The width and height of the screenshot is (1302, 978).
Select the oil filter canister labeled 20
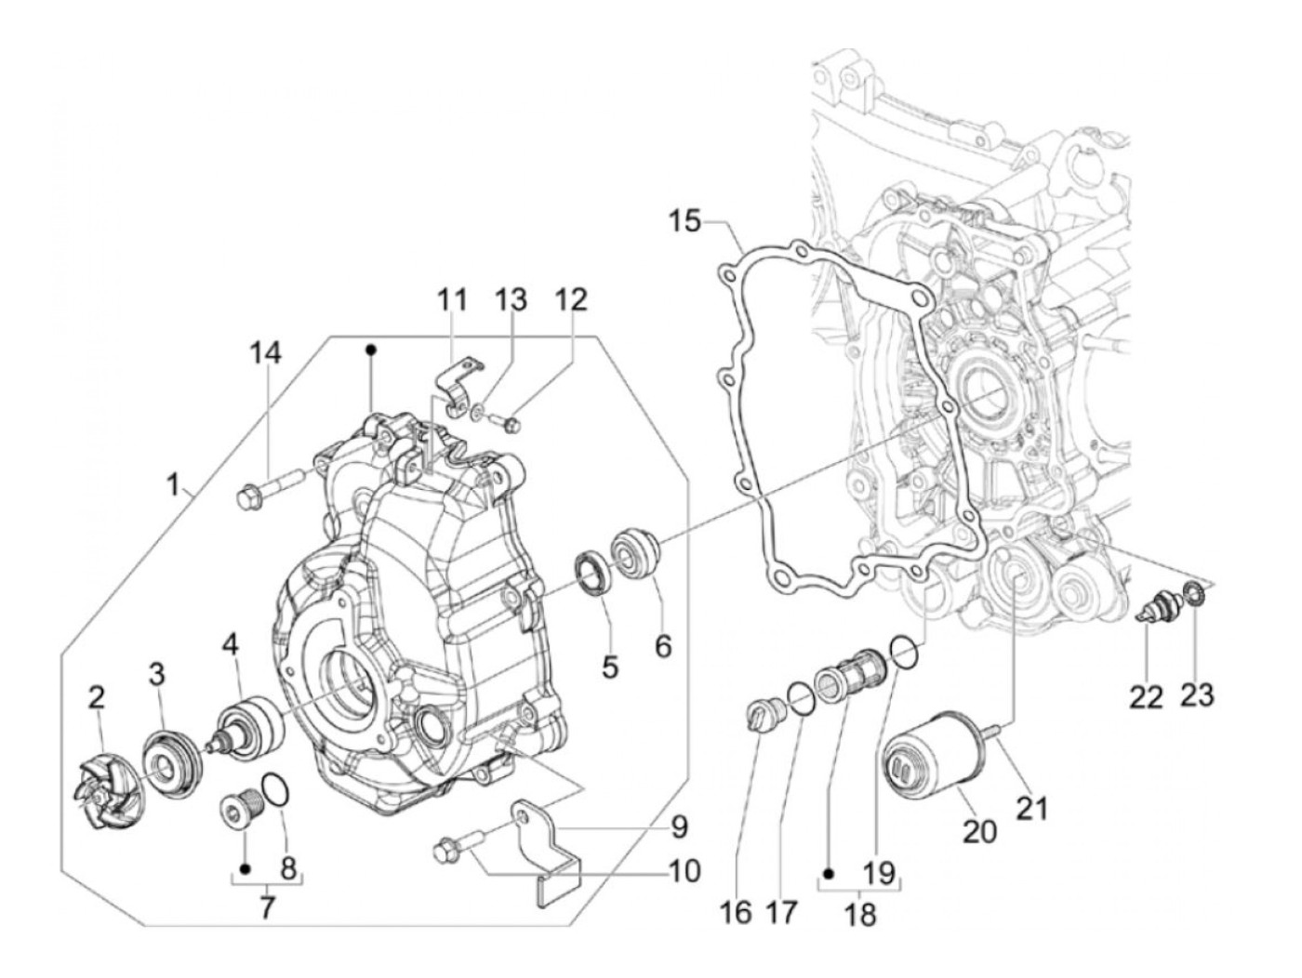point(932,760)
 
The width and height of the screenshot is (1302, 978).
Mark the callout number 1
point(173,484)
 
